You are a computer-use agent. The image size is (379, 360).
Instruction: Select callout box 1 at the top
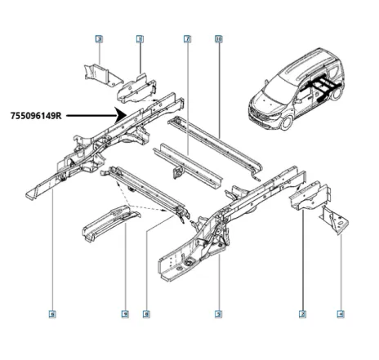click(x=140, y=38)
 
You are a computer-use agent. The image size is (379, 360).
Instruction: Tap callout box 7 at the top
click(x=187, y=38)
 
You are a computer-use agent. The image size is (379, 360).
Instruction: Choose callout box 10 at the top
click(x=218, y=38)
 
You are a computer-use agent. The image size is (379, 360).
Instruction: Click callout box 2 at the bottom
click(x=302, y=313)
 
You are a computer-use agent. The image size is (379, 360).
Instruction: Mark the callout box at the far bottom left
click(x=52, y=313)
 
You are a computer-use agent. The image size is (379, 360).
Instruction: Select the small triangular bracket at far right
click(x=333, y=220)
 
